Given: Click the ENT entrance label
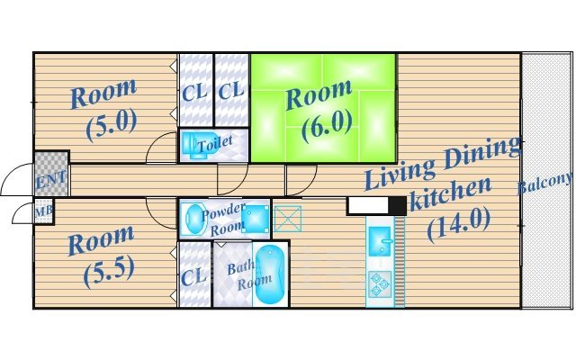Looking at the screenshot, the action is pos(51,180).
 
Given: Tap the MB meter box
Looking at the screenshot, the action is pos(44,211).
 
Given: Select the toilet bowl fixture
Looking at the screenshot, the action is pos(193,146).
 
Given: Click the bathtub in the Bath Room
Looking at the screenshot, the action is pos(270,274).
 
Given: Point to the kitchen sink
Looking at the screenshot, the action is pos(380,240).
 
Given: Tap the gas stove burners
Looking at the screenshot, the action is pos(380,284).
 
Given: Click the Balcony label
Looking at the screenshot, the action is pos(544,183).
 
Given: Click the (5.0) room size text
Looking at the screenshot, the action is pos(112,125).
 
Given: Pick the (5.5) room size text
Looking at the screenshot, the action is pos(109,272).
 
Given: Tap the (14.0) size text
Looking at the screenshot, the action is pos(458,224).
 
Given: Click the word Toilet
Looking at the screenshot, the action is pos(215,144).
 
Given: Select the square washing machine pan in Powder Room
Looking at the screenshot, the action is pos(256,220).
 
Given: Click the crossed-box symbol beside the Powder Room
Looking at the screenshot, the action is pos(288,219).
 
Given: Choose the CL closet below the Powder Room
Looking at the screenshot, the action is pos(194,274).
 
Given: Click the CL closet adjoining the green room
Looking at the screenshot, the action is pos(231,90).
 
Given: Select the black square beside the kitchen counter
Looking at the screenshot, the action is pos(398,206).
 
